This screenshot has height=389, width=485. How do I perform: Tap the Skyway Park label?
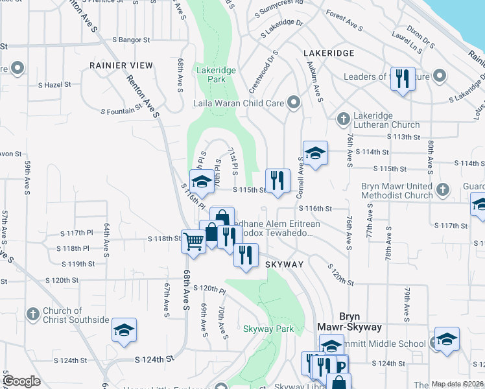268,329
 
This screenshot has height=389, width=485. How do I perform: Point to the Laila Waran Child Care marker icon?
294,102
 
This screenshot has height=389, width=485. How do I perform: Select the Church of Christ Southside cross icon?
33,314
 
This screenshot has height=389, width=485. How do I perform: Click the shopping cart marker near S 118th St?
194,241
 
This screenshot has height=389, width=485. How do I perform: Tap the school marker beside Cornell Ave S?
315,153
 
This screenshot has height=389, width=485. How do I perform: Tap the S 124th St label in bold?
155,359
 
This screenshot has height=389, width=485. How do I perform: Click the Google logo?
21,381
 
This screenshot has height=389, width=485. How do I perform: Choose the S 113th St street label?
403,137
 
